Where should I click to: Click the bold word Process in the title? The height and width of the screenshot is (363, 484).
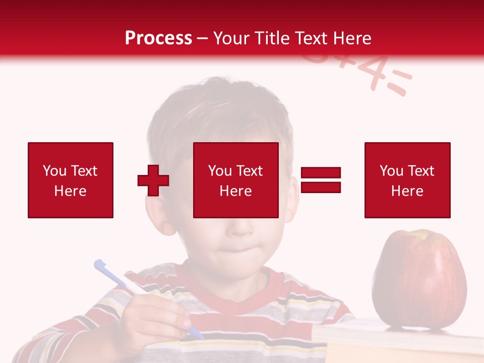click(158, 38)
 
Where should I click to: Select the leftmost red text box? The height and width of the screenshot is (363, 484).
click(71, 180)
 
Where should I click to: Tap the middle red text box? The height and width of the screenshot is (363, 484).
click(236, 180)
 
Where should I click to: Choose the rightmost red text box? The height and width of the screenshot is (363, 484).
click(407, 180)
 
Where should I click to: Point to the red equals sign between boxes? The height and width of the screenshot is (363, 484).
click(321, 180)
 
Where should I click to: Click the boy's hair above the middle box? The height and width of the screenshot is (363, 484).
click(222, 111)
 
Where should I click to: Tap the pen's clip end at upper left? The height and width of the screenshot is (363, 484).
click(100, 264)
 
